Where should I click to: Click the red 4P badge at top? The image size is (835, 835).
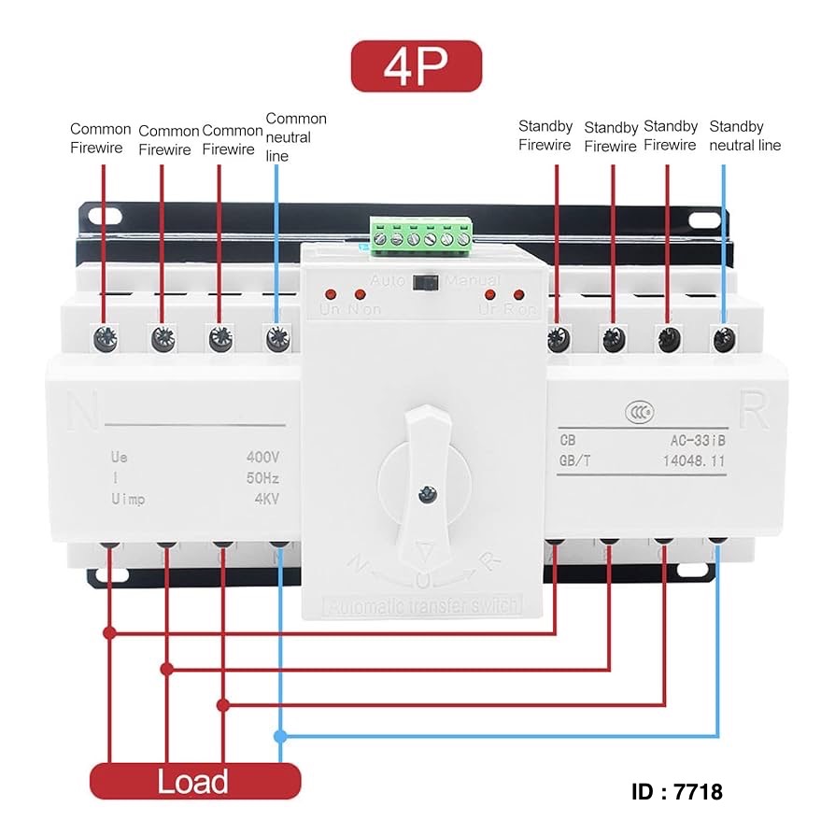click(x=416, y=65)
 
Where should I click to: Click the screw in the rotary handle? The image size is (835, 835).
click(x=427, y=491)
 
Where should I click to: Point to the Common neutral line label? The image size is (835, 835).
click(x=296, y=136)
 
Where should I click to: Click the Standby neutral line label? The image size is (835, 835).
click(x=744, y=135)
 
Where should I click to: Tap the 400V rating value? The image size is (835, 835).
click(x=262, y=458)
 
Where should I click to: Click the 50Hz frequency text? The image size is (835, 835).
click(x=262, y=478)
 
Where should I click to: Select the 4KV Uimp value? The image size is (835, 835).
click(x=266, y=499)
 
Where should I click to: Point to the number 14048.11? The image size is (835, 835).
click(x=693, y=460)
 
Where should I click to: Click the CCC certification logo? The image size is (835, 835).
click(x=639, y=412)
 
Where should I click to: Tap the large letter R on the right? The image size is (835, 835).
click(x=753, y=408)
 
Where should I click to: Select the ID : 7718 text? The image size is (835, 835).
click(x=677, y=792)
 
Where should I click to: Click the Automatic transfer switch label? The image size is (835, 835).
click(x=422, y=606)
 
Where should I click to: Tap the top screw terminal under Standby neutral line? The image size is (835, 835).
click(x=721, y=338)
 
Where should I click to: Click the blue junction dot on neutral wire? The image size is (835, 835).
click(x=281, y=736)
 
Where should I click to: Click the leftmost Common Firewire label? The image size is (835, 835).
click(x=101, y=138)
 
